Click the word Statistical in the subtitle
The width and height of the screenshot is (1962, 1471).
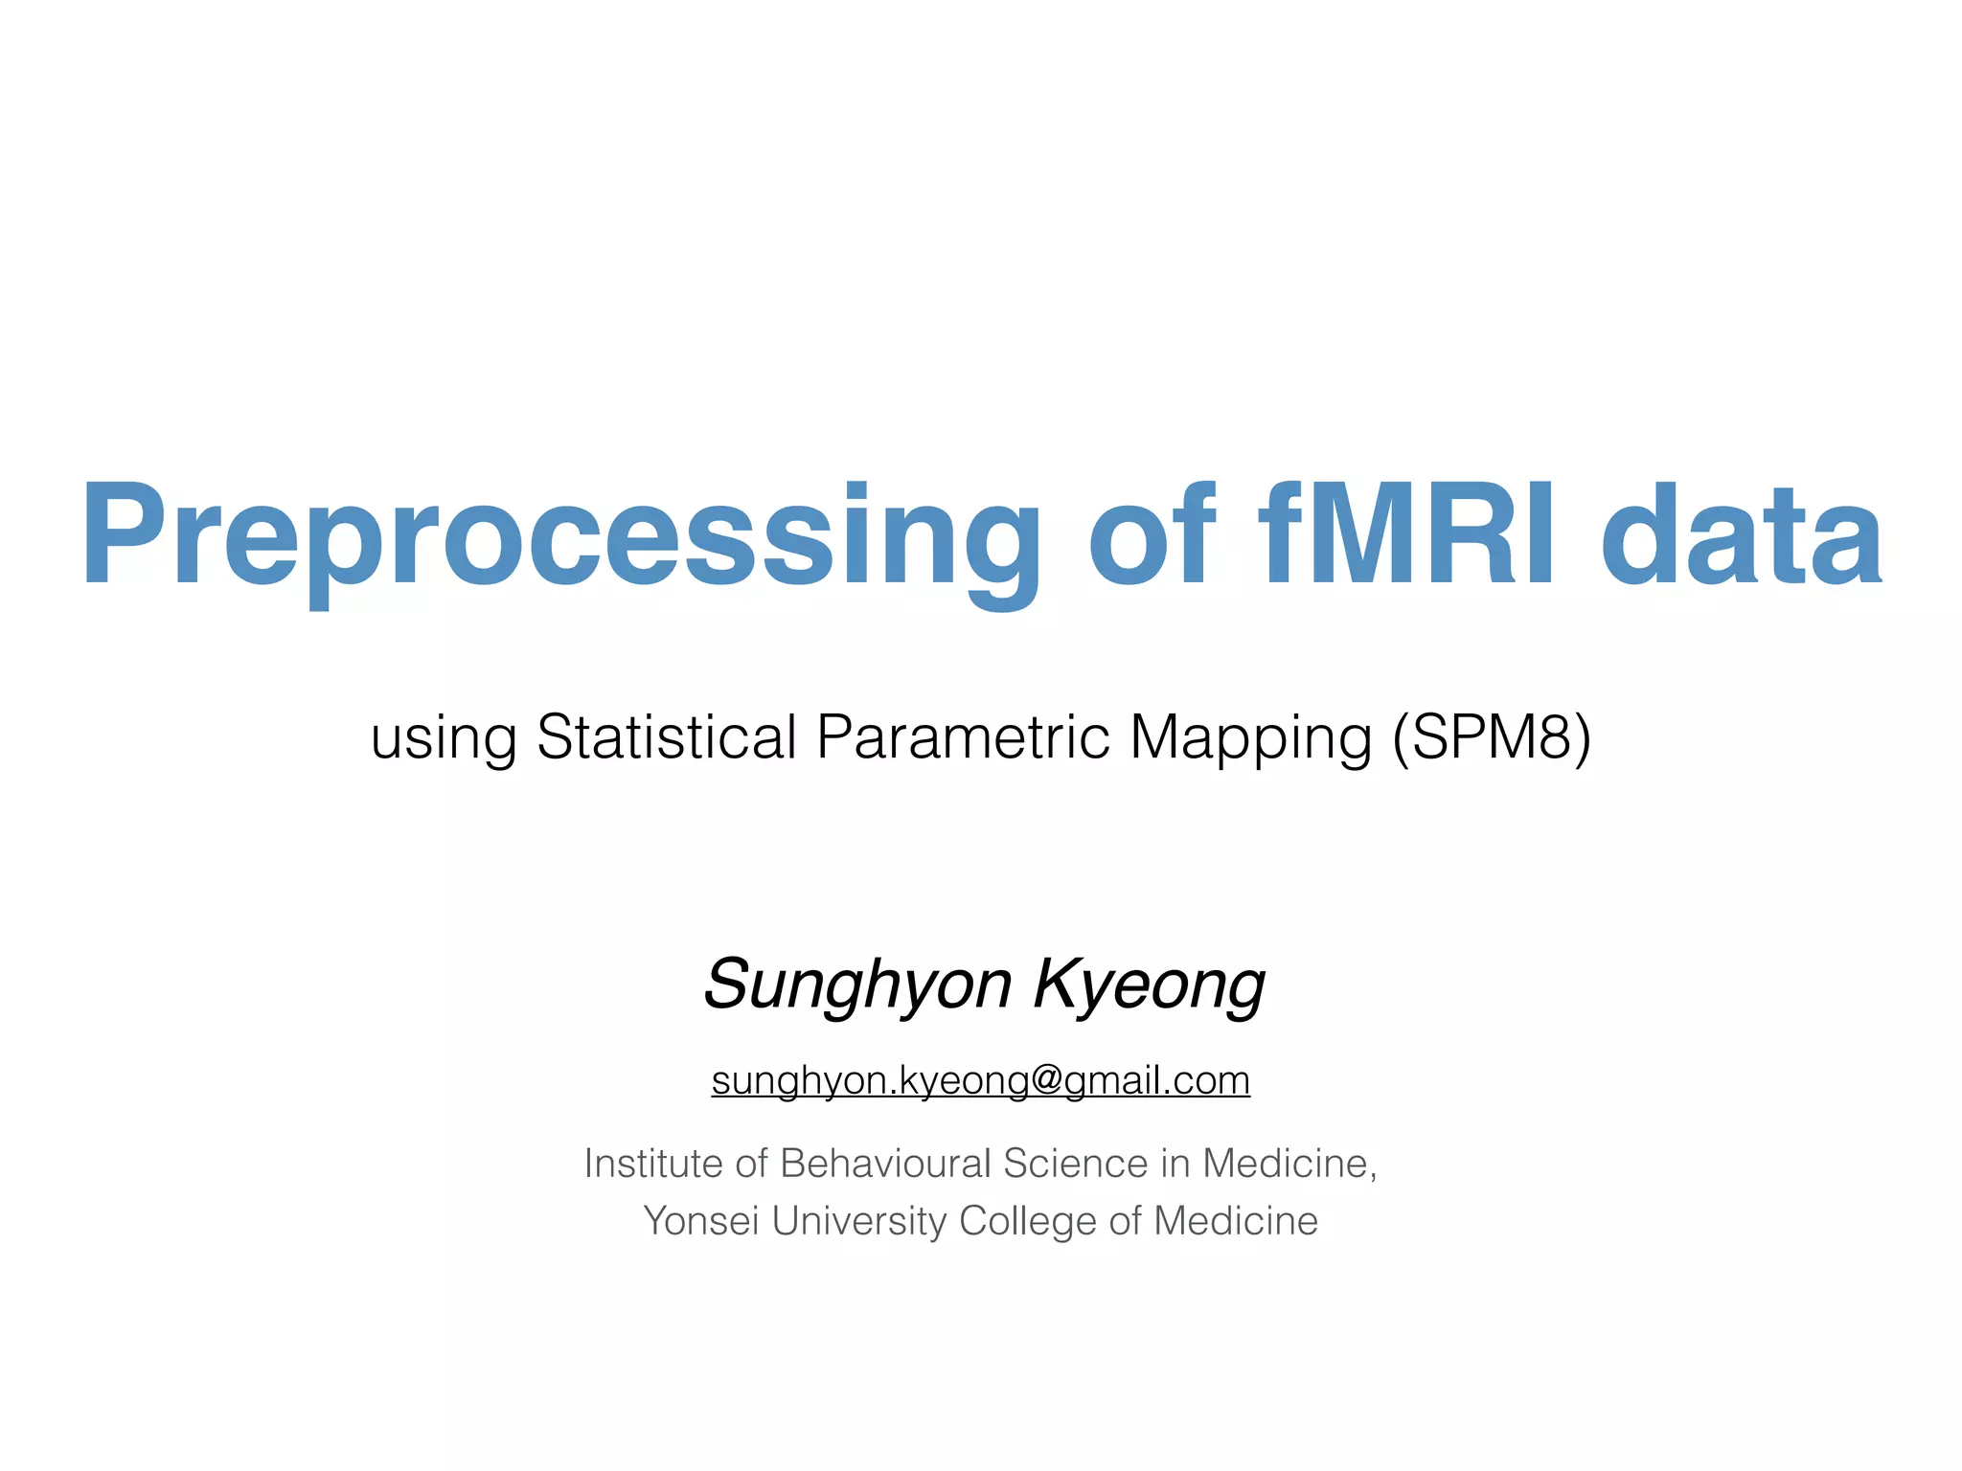point(667,737)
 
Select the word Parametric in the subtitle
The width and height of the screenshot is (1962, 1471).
point(963,737)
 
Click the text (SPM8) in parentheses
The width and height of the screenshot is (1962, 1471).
point(1492,737)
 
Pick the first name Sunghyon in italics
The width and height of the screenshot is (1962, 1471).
point(858,984)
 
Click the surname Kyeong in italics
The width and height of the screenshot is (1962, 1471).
point(1150,984)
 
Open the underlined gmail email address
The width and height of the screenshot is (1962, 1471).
point(980,1081)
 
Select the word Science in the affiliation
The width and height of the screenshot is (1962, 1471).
point(1075,1164)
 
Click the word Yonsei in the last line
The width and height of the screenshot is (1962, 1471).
point(701,1221)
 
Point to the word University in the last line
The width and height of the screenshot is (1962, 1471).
point(859,1221)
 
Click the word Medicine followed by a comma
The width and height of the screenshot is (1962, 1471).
point(1289,1164)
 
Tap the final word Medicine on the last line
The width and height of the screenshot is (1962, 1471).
point(1236,1221)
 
